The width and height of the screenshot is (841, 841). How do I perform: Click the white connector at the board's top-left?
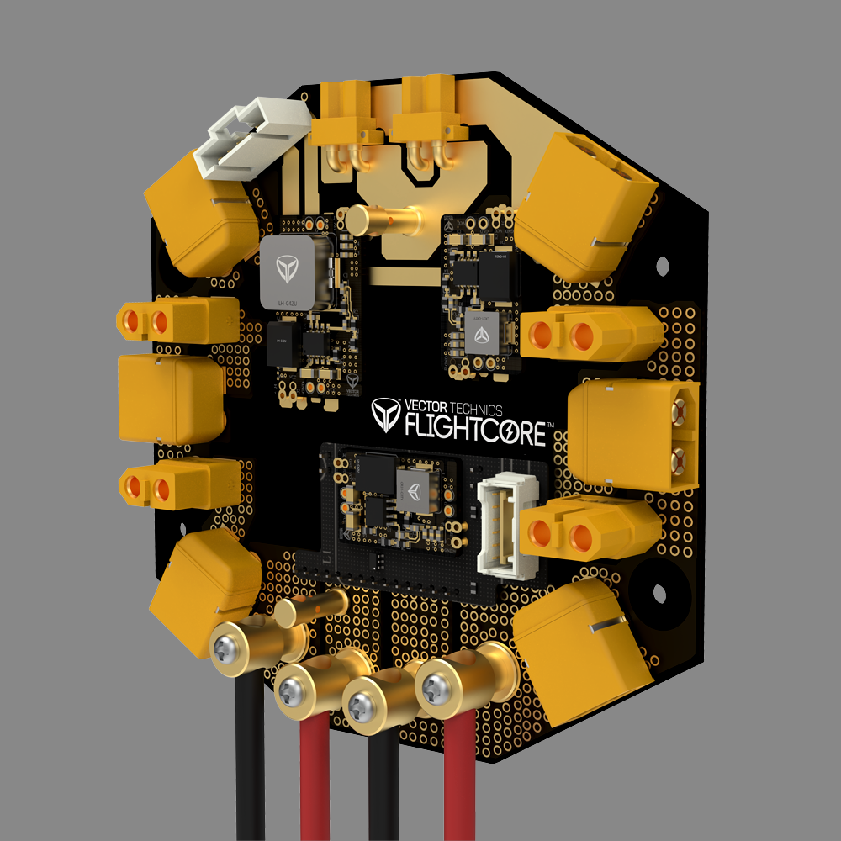pyautogui.click(x=250, y=137)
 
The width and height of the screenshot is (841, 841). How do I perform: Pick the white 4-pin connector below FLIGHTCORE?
pyautogui.click(x=500, y=527)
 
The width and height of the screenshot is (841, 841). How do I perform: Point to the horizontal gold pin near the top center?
pyautogui.click(x=387, y=221)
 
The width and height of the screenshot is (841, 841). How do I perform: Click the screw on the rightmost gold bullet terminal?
pyautogui.click(x=435, y=689)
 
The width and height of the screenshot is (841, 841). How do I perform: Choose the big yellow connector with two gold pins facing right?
pyautogui.click(x=635, y=433)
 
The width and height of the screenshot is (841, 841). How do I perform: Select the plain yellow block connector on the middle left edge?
pyautogui.click(x=168, y=399)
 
